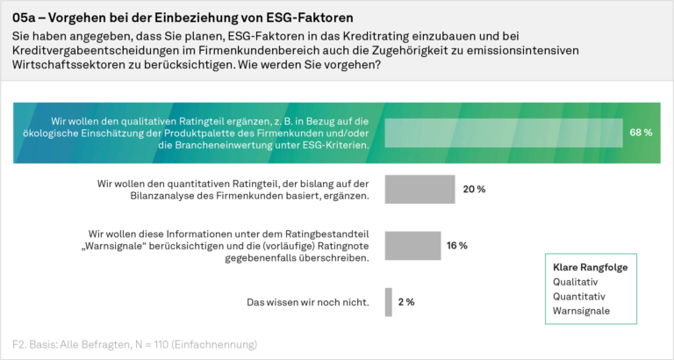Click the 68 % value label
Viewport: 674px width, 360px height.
coord(641,133)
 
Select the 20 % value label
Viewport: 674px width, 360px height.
coord(475,190)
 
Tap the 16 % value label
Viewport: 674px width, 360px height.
coord(457,246)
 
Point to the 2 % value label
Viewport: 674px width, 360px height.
coord(406,302)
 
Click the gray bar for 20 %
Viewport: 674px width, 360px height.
coord(419,190)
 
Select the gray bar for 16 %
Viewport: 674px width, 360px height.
coord(412,246)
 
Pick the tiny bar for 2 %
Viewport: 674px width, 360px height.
coord(388,302)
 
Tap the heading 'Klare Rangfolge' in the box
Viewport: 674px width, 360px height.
coord(590,267)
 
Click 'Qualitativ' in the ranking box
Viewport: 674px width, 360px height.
coord(575,282)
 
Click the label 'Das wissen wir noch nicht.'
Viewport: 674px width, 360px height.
coord(307,302)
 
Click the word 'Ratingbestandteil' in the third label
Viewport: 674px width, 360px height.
coord(326,234)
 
